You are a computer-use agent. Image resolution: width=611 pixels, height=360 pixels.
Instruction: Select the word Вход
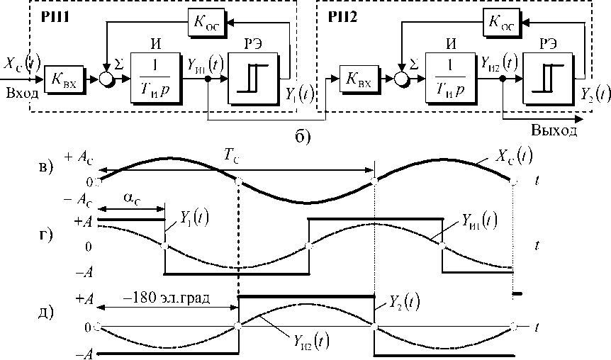[x=20, y=93]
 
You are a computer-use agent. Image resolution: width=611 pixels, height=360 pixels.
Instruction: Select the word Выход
[x=553, y=130]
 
